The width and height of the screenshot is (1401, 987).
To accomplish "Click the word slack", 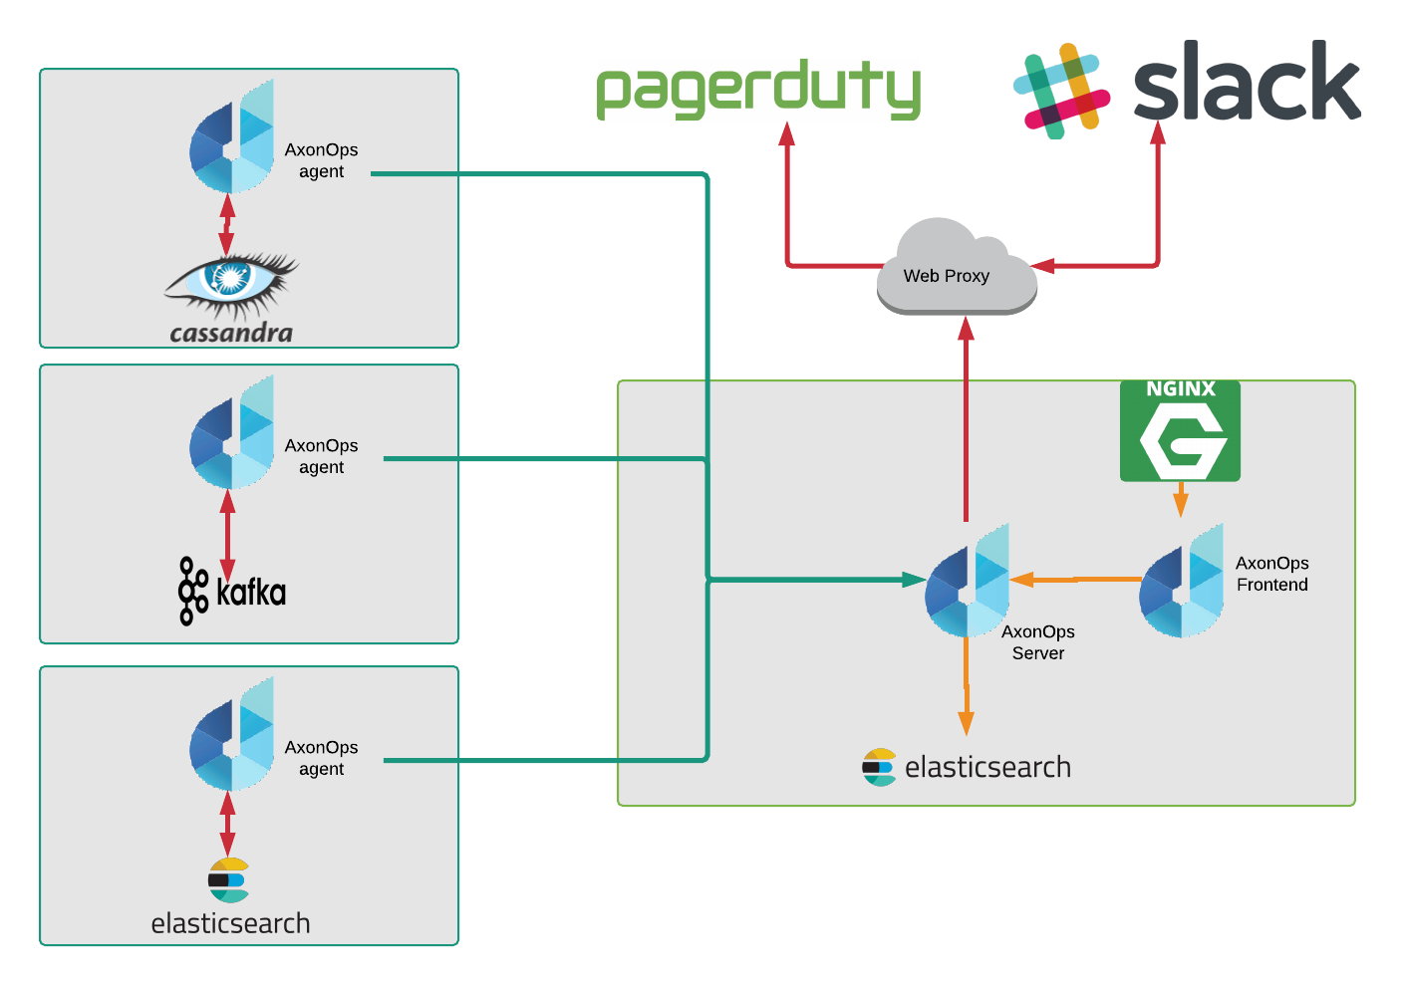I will tap(1246, 82).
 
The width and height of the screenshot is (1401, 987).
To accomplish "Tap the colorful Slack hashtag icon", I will tap(1061, 91).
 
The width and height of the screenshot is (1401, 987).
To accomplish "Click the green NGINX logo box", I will tap(1180, 431).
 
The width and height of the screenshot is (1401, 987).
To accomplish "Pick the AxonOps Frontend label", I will tap(1271, 574).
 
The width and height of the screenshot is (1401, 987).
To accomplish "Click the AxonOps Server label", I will tap(1037, 642).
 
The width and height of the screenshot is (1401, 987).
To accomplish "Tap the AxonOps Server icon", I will tap(966, 583).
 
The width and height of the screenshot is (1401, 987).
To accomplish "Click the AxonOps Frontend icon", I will tap(1181, 583).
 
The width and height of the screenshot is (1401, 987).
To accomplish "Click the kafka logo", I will tap(232, 592).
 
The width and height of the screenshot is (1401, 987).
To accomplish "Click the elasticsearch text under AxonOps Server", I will tap(986, 767).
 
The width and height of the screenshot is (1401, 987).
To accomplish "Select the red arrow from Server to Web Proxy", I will tap(966, 418).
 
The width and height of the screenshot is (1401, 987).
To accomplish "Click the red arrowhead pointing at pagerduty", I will tap(787, 135).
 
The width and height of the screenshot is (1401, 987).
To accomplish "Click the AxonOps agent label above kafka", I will tap(321, 456).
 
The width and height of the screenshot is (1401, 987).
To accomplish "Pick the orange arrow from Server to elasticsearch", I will tap(966, 697).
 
